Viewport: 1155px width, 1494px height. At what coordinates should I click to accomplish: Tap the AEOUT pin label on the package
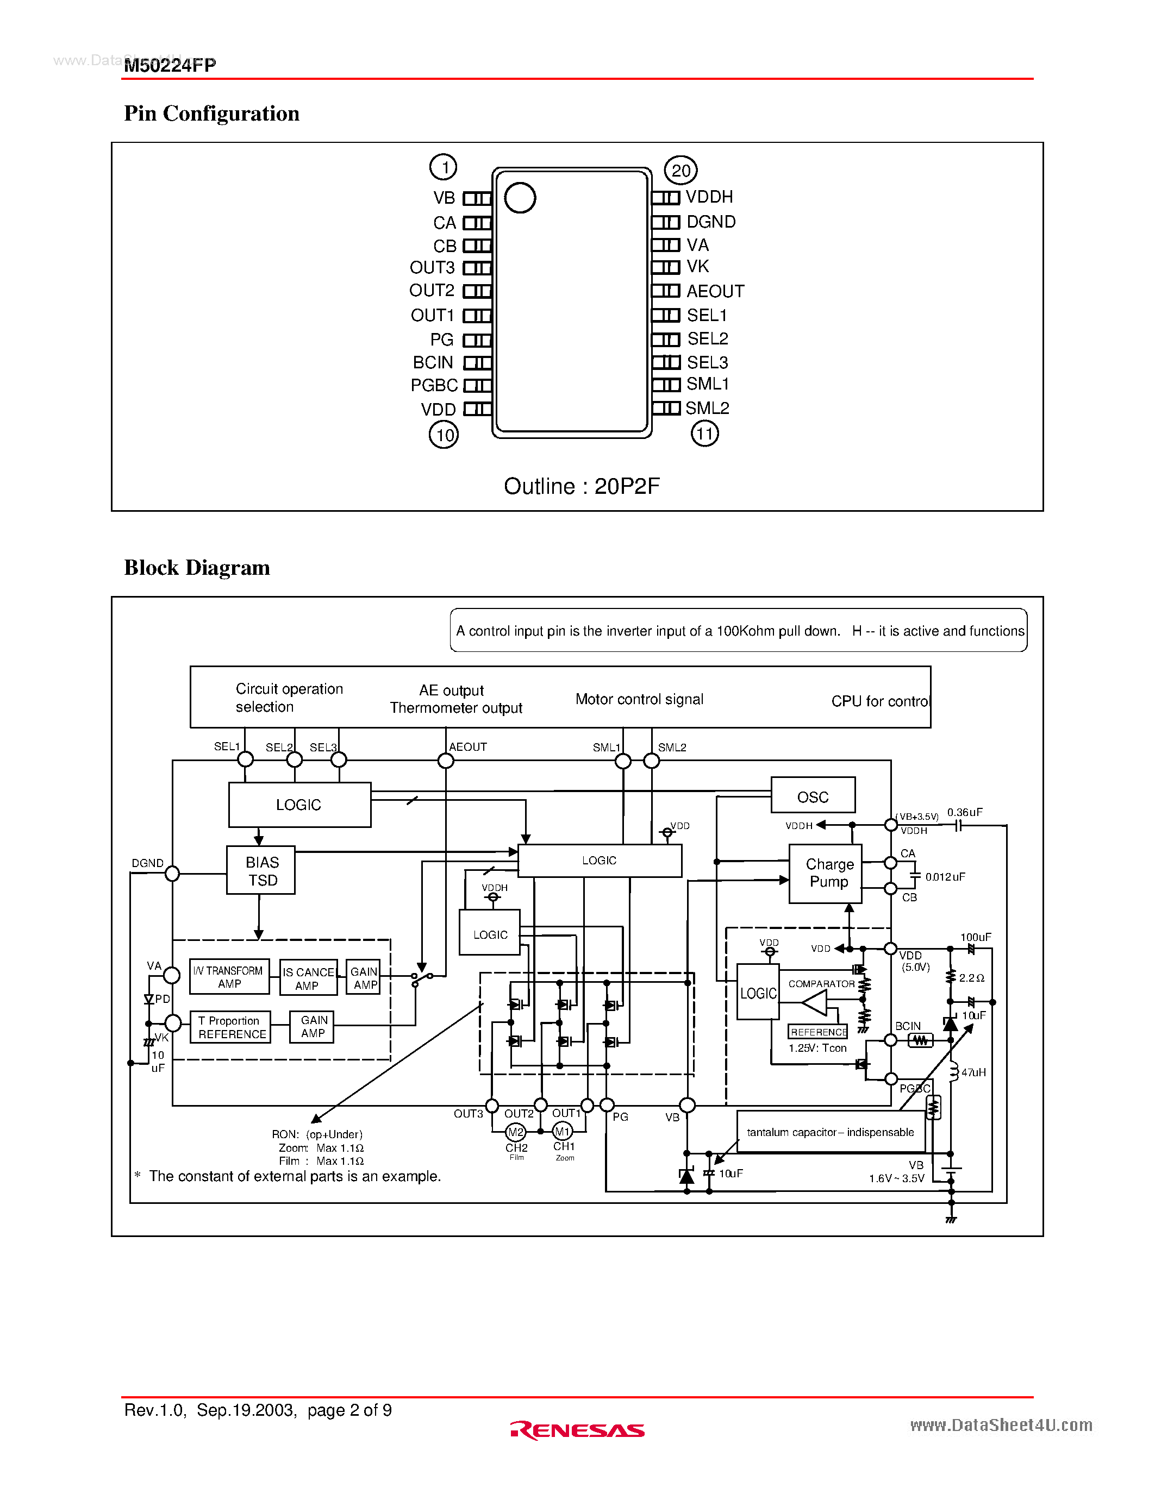tap(715, 291)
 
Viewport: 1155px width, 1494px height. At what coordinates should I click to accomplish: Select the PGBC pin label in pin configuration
tap(434, 386)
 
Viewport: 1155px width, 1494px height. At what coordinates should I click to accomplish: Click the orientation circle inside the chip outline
tap(520, 198)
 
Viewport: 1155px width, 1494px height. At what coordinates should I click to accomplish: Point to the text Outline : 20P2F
tap(582, 486)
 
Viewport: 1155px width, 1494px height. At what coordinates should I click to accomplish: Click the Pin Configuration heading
tap(211, 114)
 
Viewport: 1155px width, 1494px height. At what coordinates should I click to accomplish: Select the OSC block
tap(813, 796)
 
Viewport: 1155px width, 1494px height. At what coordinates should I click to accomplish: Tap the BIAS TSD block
tap(261, 871)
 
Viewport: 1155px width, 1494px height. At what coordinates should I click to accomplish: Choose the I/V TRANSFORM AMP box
tap(229, 977)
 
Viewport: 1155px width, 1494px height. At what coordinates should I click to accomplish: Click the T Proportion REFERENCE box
tap(230, 1027)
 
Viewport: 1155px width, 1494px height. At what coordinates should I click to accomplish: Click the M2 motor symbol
tap(516, 1132)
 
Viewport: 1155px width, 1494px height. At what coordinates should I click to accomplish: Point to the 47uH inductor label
tap(973, 1072)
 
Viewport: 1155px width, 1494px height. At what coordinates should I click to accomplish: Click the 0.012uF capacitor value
tap(945, 877)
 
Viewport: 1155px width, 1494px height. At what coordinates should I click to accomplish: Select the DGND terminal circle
tap(172, 874)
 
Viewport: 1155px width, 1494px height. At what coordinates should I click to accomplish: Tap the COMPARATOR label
tap(821, 984)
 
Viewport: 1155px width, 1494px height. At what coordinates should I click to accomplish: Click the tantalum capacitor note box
tap(830, 1132)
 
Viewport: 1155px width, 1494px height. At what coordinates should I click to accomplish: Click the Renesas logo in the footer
tap(577, 1430)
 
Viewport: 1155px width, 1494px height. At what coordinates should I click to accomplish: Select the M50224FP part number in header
tap(170, 65)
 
